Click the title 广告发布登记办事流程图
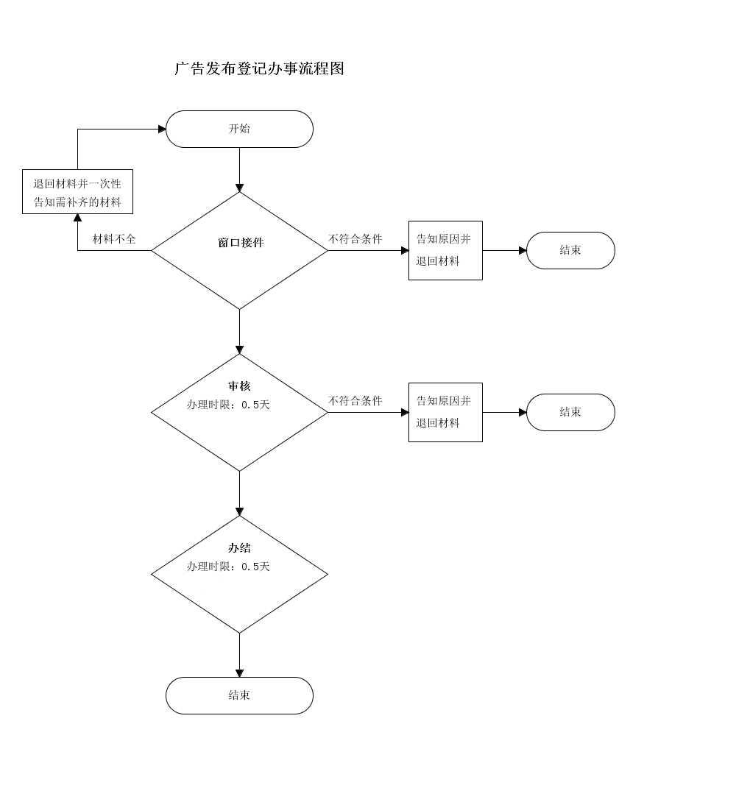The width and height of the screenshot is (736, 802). click(x=259, y=69)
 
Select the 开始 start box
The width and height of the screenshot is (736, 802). click(x=239, y=129)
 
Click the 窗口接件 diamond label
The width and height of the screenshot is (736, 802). click(x=240, y=243)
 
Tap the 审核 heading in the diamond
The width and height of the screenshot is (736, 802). click(x=239, y=386)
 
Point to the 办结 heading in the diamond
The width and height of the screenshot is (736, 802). click(x=239, y=548)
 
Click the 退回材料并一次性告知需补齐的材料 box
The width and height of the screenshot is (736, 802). click(x=77, y=192)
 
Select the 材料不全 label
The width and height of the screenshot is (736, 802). click(x=113, y=239)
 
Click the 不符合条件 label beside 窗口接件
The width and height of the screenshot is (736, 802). click(x=355, y=239)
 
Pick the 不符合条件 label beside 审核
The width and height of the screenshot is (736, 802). click(x=355, y=401)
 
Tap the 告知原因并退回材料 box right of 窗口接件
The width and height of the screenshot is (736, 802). click(x=445, y=250)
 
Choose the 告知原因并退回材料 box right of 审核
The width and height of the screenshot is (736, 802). click(x=445, y=412)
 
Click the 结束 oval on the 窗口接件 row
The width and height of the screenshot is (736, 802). click(x=570, y=250)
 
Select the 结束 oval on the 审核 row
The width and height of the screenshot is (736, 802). click(x=570, y=412)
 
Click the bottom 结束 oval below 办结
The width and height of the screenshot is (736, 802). click(x=239, y=695)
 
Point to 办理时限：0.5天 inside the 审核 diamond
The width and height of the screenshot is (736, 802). click(x=228, y=405)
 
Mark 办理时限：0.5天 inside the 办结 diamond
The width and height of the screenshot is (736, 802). click(x=228, y=567)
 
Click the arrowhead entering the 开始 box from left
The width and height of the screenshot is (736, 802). click(x=162, y=129)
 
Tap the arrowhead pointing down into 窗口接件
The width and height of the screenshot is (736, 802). click(x=239, y=188)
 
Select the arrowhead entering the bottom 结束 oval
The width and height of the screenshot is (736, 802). click(x=239, y=673)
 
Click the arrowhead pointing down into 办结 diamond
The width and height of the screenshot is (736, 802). click(x=239, y=511)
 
